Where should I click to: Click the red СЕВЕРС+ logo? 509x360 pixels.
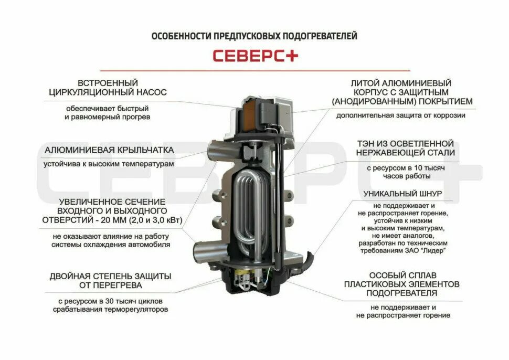click(x=254, y=56)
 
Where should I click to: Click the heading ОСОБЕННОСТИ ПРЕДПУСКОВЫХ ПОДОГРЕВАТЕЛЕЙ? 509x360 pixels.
click(x=254, y=36)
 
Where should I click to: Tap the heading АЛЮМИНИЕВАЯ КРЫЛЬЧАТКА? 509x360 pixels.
click(x=109, y=150)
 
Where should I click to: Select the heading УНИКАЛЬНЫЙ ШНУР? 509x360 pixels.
click(x=403, y=194)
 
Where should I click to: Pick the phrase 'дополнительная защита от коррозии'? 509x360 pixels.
click(x=401, y=115)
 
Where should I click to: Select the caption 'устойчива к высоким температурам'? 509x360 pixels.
click(x=109, y=164)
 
